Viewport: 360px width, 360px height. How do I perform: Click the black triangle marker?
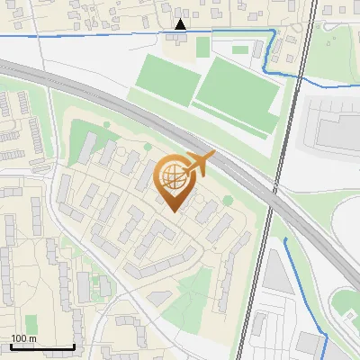[x=181, y=24]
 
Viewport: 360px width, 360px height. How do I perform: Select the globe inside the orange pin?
[x=174, y=179]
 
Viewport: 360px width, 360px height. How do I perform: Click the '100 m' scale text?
[x=23, y=339]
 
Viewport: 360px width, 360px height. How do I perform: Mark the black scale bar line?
[x=42, y=346]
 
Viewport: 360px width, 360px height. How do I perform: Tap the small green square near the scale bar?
[x=32, y=323]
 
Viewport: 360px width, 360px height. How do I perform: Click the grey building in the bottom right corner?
[x=310, y=347]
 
